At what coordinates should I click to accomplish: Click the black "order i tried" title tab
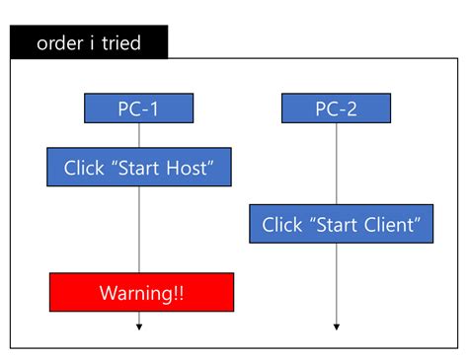coord(89,42)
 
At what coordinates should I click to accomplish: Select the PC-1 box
coord(138,108)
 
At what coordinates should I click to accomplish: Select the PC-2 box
coord(336,108)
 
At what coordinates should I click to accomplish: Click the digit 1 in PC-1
coord(155,108)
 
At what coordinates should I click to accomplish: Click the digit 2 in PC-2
coord(352,108)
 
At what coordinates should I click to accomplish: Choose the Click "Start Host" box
coord(138,167)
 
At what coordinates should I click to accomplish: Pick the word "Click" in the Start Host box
coord(84,167)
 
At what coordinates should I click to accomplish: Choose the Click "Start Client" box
coord(341,224)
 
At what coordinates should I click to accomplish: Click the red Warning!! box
coord(141,293)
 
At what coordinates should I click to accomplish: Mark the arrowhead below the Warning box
coord(139,326)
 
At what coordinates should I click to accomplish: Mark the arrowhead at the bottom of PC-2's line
coord(337,326)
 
